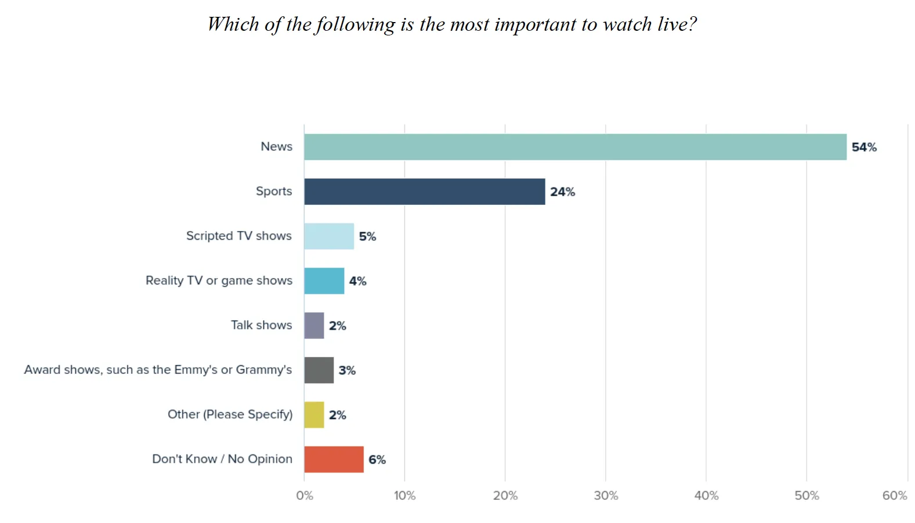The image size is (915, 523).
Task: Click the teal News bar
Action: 575,147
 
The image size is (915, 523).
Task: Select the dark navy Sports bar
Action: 424,192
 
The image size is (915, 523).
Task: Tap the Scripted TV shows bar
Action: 328,236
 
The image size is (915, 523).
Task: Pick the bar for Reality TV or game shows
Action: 324,281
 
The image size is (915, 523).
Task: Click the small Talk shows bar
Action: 314,326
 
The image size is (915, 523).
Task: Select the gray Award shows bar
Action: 319,370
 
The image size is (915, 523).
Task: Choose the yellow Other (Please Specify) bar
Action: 314,415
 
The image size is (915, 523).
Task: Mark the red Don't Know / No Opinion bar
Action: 334,459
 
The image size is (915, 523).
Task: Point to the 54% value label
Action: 864,147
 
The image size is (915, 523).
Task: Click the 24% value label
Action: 562,192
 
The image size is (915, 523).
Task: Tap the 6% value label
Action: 377,460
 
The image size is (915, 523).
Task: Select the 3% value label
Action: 347,370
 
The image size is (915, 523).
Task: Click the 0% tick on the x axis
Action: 305,496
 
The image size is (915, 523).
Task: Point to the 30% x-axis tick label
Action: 606,496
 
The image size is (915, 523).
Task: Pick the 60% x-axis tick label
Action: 895,496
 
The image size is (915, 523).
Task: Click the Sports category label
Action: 274,192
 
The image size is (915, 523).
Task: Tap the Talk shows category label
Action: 261,325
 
